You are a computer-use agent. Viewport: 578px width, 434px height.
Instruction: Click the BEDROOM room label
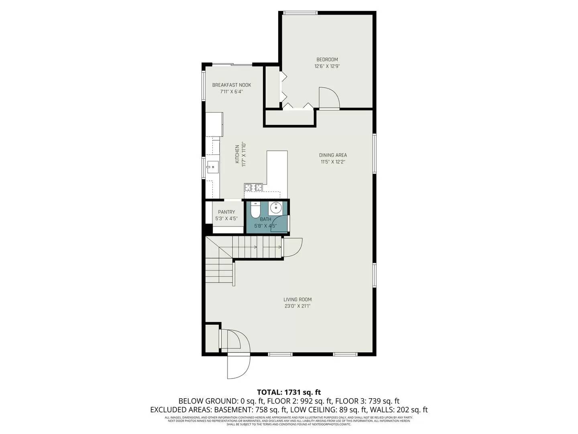click(x=327, y=59)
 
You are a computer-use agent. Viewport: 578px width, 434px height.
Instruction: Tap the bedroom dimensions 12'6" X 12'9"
click(x=327, y=66)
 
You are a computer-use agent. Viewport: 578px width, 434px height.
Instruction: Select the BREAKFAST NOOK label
click(x=232, y=85)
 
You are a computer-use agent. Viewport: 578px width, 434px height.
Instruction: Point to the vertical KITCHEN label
click(x=237, y=154)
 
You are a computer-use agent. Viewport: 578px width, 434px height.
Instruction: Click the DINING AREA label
click(x=333, y=155)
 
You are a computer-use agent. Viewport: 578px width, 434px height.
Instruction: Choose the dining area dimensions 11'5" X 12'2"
click(x=333, y=162)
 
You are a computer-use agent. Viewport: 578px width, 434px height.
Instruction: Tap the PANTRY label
click(x=226, y=212)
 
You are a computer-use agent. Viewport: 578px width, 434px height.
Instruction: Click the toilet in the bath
click(x=255, y=211)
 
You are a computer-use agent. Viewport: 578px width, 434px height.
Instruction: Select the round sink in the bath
click(x=276, y=208)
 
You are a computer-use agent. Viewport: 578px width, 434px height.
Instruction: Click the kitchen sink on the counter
click(x=212, y=166)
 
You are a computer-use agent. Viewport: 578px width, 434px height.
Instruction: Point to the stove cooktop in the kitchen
click(x=253, y=187)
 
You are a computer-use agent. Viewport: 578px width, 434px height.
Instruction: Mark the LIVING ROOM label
click(x=297, y=299)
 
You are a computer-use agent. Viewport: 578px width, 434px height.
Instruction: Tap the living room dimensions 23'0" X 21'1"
click(x=297, y=306)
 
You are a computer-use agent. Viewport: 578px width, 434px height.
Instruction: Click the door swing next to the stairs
click(x=292, y=247)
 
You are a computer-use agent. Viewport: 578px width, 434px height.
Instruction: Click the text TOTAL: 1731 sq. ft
click(x=289, y=392)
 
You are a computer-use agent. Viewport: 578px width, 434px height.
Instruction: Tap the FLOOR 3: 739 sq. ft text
click(x=367, y=401)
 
